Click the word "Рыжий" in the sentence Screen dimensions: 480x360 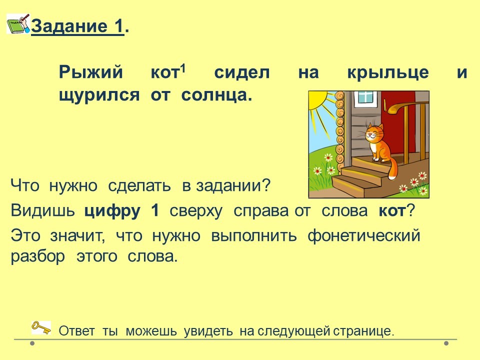click(x=90, y=73)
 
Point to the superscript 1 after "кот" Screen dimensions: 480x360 click(x=183, y=69)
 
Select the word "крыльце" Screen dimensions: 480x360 click(x=388, y=73)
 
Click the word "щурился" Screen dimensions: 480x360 click(x=99, y=95)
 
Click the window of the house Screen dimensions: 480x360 click(x=365, y=96)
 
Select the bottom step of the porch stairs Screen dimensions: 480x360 click(x=358, y=186)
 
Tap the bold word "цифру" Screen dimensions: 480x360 click(x=112, y=211)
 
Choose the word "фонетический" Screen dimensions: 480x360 click(x=363, y=236)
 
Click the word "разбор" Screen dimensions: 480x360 click(x=38, y=256)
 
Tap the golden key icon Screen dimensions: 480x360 click(x=41, y=327)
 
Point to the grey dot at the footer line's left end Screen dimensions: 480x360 click(x=32, y=343)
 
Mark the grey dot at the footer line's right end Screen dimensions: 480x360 click(x=446, y=343)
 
